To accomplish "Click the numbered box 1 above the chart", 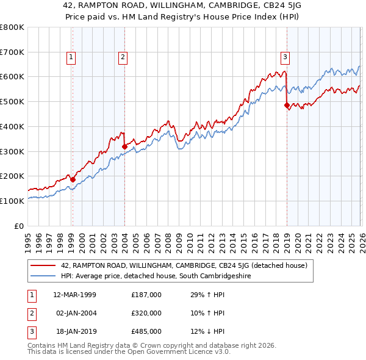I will coord(71,57).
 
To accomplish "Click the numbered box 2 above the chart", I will coord(123,57).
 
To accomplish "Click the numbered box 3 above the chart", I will coord(285,57).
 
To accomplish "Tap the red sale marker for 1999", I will coord(73,179).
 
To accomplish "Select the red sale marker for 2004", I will coord(124,146).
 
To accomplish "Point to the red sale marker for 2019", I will coord(287,105).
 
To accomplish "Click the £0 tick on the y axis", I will coord(20,226).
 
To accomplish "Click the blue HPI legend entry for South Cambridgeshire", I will coord(156,276).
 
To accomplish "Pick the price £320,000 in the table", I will coord(146,313).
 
